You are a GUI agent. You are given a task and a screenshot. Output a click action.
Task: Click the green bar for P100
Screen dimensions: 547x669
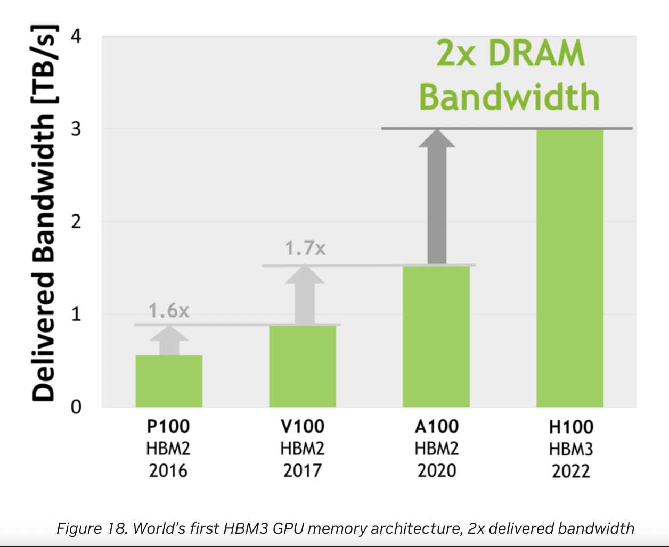(169, 381)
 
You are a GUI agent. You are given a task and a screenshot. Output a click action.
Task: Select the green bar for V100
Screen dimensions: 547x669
(303, 366)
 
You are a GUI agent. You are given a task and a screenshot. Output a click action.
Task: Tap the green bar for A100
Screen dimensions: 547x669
(436, 336)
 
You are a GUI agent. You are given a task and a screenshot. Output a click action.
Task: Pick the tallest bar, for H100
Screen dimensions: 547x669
(570, 268)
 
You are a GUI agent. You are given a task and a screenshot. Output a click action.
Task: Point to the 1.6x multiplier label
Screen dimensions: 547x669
(169, 311)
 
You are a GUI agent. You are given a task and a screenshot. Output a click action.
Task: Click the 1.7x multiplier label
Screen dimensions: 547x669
(305, 248)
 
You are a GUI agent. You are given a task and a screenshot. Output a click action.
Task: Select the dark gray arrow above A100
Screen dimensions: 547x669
(437, 197)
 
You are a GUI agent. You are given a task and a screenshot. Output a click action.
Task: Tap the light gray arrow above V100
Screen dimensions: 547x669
(305, 296)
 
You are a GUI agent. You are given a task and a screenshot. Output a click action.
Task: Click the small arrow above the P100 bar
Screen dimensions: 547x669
(169, 341)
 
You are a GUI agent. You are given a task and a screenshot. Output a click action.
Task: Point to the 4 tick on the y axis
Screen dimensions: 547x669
(76, 37)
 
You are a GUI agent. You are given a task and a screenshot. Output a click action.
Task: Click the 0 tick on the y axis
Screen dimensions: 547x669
(76, 407)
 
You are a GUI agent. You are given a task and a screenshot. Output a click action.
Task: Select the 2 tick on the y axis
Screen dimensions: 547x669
(76, 222)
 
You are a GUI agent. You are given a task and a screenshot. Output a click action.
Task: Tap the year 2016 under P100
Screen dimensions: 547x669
(168, 471)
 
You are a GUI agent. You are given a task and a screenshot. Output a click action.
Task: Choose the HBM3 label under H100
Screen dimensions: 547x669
(571, 450)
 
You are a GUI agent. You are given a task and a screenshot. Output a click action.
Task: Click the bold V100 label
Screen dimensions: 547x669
(303, 426)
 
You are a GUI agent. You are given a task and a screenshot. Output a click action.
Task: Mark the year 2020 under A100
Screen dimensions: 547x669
(437, 471)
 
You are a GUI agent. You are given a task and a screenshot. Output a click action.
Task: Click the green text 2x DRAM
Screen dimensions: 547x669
(510, 53)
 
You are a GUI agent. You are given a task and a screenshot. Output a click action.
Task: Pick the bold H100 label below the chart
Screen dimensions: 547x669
(571, 427)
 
